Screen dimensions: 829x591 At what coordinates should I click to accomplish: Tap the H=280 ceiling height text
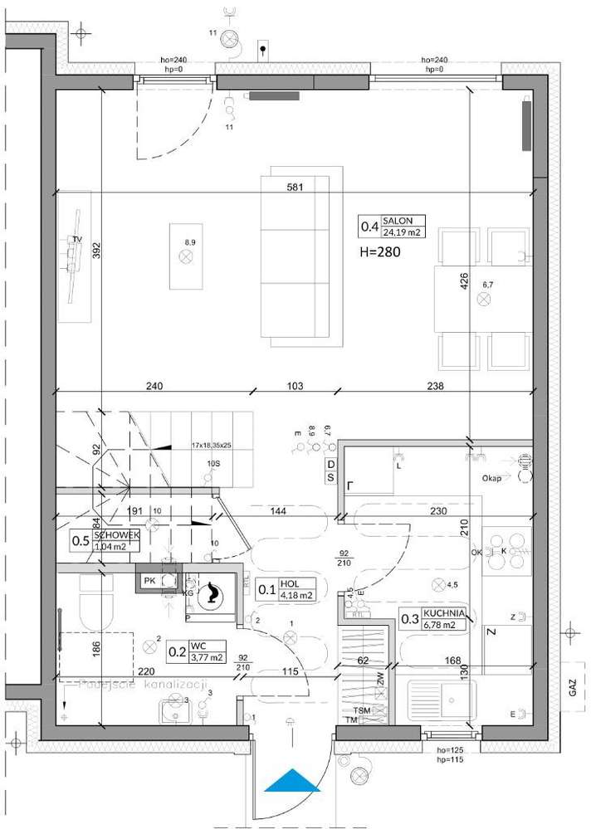(x=380, y=253)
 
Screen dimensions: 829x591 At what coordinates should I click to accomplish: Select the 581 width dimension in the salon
(x=294, y=187)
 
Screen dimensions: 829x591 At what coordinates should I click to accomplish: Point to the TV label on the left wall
(x=77, y=240)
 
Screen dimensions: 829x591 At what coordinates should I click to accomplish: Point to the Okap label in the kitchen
(x=491, y=479)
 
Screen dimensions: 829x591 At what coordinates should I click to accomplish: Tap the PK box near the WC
(x=149, y=580)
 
